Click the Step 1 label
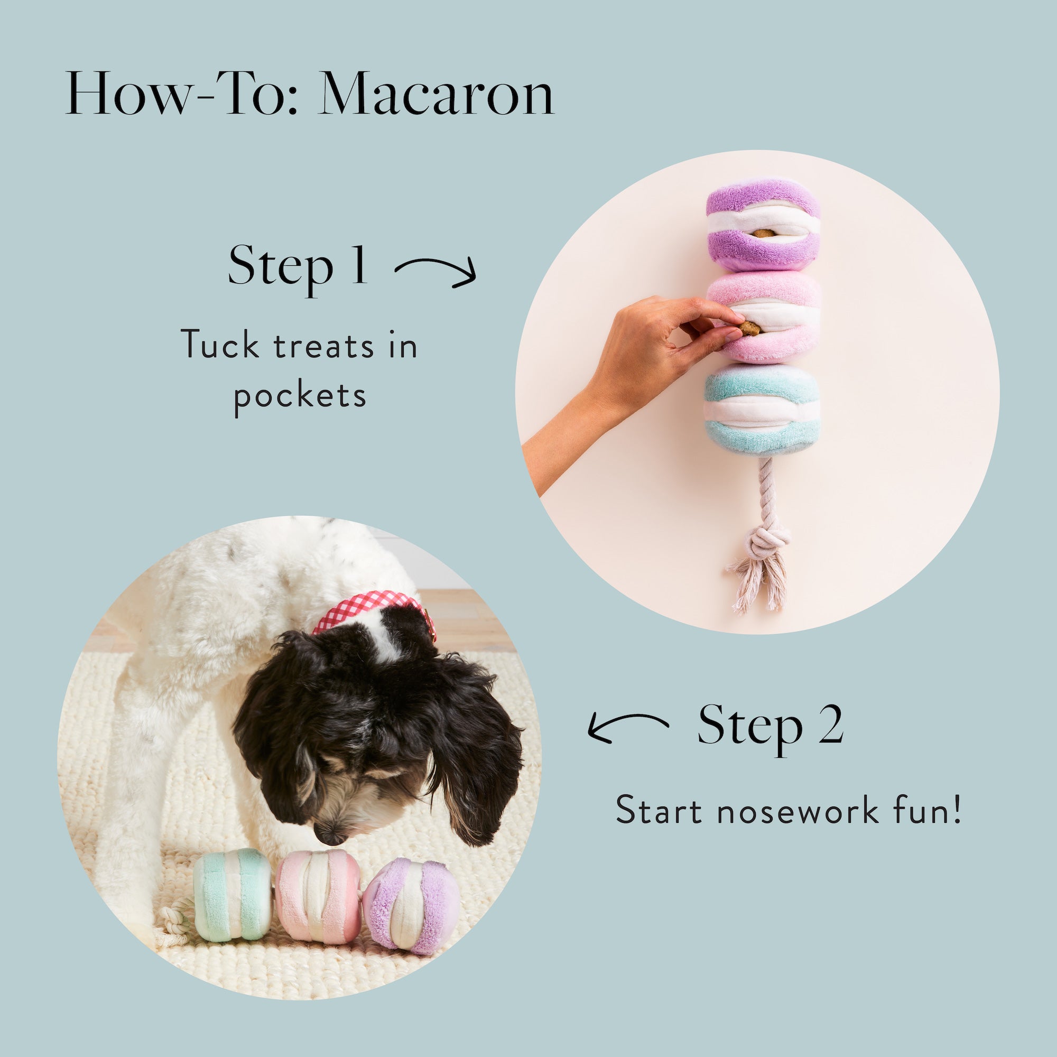[x=298, y=265]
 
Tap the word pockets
[x=300, y=395]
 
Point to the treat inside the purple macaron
[x=763, y=233]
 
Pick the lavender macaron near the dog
[x=411, y=905]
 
